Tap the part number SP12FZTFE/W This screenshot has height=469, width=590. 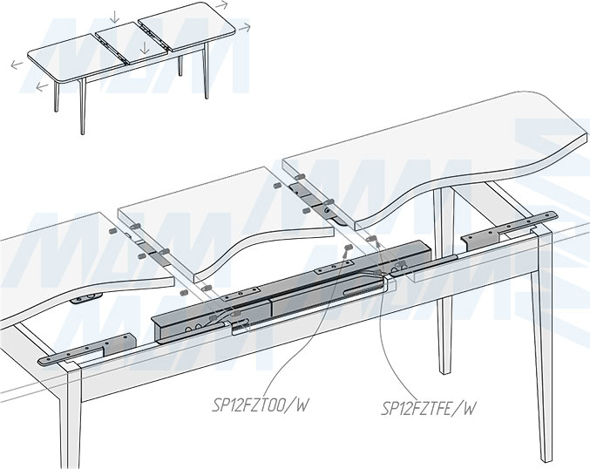(429, 406)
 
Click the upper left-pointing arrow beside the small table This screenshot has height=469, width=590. (17, 64)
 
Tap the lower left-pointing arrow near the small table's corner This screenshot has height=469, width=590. (41, 87)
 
